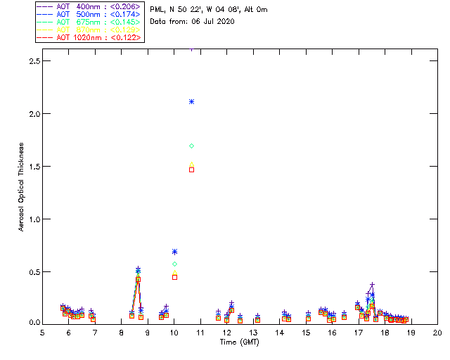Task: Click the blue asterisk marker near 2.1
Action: point(191,102)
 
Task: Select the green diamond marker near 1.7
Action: point(191,146)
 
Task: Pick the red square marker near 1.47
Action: point(191,169)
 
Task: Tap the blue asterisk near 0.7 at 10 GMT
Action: point(174,251)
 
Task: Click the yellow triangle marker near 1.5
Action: point(191,165)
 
